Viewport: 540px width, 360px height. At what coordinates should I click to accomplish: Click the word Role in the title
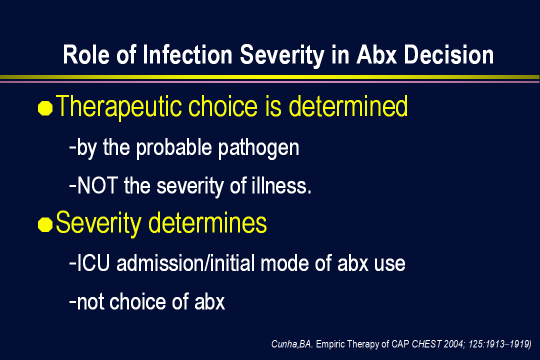[86, 55]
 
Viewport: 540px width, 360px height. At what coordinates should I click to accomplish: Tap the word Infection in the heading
[187, 55]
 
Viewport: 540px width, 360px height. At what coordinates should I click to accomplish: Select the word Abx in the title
[377, 55]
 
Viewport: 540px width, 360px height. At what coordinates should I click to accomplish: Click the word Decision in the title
[448, 55]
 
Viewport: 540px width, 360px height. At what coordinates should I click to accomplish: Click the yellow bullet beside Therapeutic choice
[45, 108]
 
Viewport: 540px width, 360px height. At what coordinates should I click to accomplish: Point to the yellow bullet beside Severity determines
[45, 224]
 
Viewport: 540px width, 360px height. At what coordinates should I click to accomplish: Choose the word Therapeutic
[118, 107]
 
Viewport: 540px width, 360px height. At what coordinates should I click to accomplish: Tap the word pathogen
[258, 148]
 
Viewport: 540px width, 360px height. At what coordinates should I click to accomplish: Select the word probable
[174, 148]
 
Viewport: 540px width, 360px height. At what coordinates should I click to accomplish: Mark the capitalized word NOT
[98, 185]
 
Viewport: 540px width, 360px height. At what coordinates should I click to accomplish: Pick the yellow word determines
[207, 223]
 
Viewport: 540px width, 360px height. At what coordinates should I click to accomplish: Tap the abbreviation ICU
[93, 263]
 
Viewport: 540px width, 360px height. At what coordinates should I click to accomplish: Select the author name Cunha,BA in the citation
[291, 344]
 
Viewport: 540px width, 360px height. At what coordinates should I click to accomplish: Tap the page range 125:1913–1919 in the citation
[498, 344]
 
